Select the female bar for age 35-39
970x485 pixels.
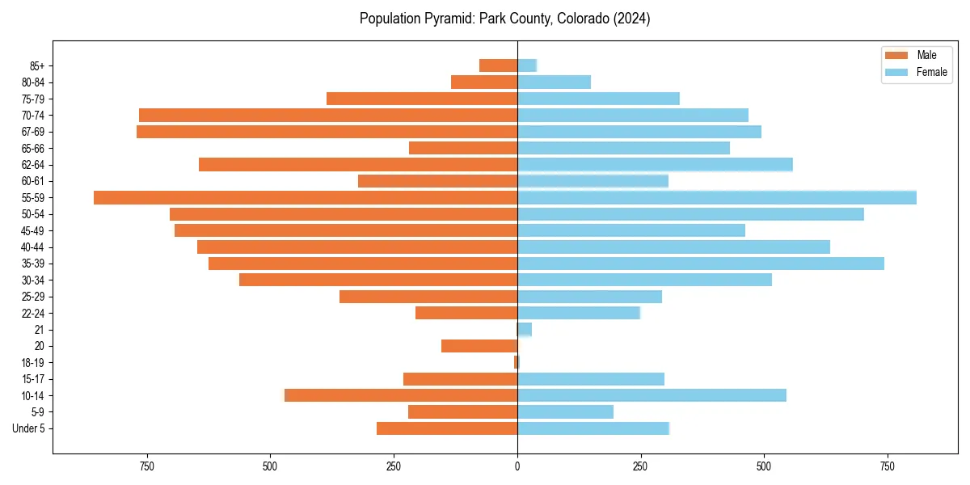(x=701, y=264)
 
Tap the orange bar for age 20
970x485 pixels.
(x=479, y=346)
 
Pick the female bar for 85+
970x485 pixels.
(x=527, y=65)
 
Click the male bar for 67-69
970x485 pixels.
(x=327, y=132)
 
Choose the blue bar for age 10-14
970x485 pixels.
(x=652, y=395)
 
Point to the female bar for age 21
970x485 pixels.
(x=525, y=329)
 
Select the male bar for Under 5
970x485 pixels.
(x=447, y=428)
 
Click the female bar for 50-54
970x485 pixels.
(x=690, y=214)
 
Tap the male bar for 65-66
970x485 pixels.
(x=463, y=148)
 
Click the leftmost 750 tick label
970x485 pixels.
(x=147, y=466)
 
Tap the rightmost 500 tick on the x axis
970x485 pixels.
(x=764, y=466)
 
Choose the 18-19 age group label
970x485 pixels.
(x=33, y=362)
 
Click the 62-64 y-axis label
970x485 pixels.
(x=33, y=165)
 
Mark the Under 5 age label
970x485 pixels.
(x=29, y=428)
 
